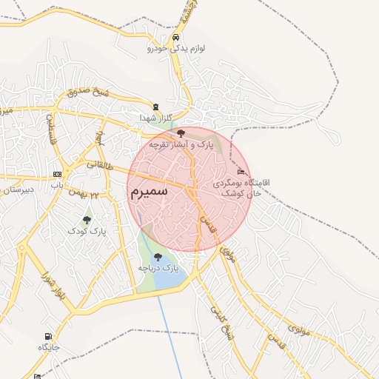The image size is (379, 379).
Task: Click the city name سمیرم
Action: pos(149,191)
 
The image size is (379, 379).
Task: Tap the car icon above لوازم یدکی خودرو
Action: pos(175,38)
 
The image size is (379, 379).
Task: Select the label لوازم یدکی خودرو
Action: pos(175,49)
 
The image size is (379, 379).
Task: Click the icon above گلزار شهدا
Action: pos(155,107)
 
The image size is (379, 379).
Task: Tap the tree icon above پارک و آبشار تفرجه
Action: pos(181,133)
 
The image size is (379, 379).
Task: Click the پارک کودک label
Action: pos(87,231)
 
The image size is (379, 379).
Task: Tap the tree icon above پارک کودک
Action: pos(87,220)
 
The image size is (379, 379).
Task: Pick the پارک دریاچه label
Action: pos(158,267)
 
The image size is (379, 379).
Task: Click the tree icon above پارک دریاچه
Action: pos(158,256)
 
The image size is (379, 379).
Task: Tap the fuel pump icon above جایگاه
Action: pos(49,337)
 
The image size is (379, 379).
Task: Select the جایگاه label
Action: pos(49,347)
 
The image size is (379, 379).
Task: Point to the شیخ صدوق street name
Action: pos(88,92)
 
